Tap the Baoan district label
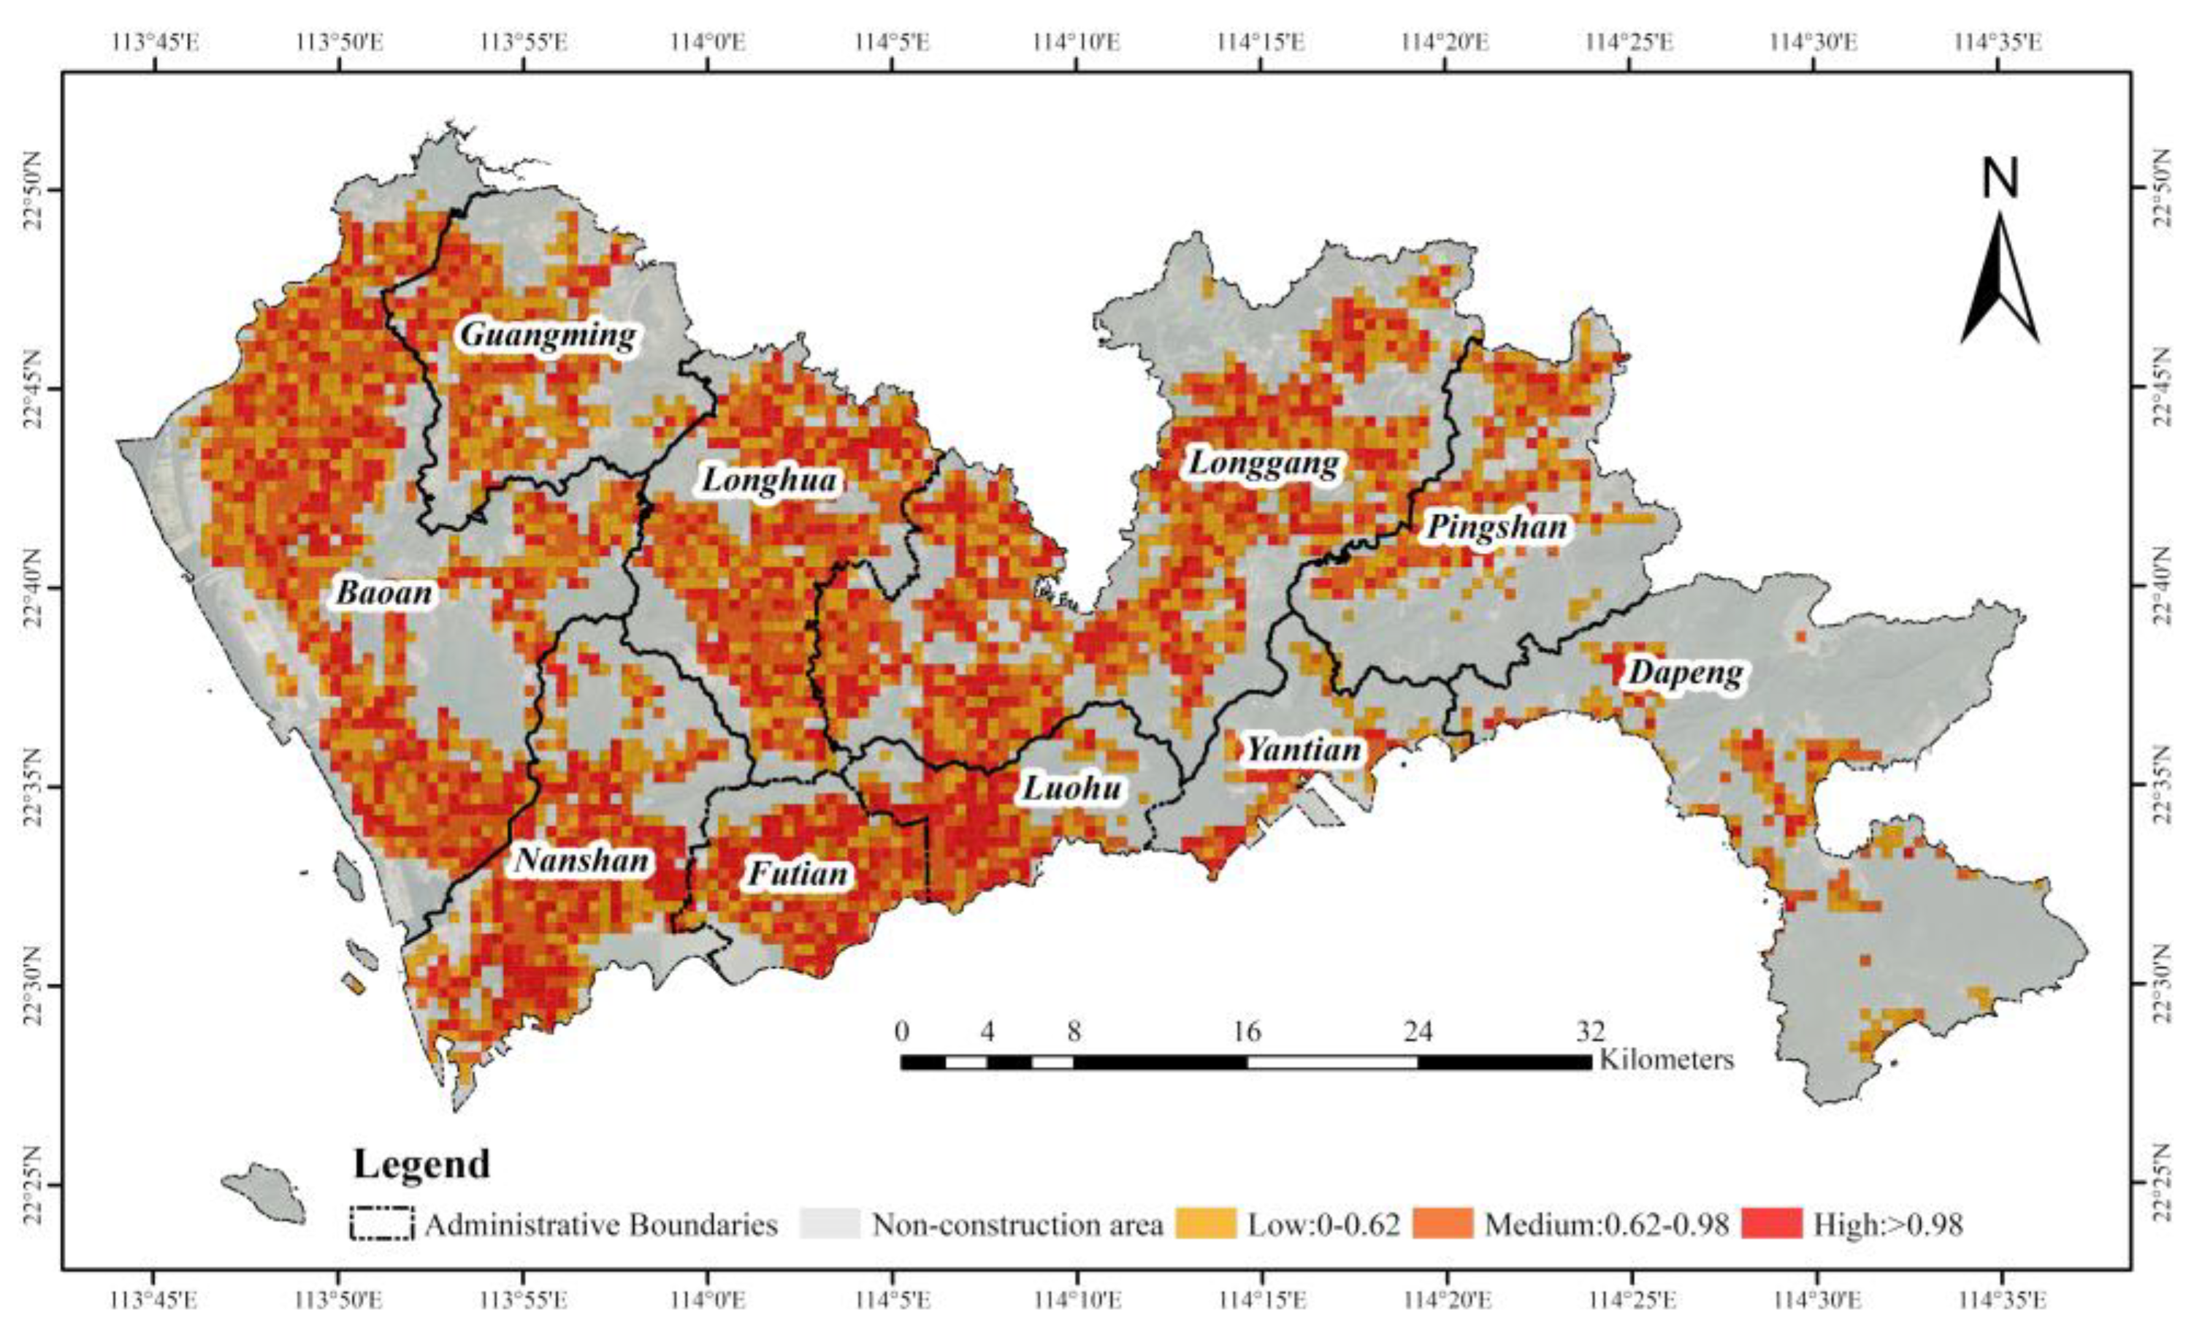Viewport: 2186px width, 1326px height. click(x=384, y=593)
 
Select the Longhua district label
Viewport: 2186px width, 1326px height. click(x=769, y=481)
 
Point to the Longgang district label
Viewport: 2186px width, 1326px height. click(x=1263, y=463)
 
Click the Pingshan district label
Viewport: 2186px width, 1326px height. click(x=1497, y=528)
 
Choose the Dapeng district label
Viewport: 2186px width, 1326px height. click(x=1685, y=674)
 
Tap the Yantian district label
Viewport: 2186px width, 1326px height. click(x=1303, y=750)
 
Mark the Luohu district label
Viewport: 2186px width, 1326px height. click(x=1073, y=788)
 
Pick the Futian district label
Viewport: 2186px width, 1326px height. click(x=798, y=875)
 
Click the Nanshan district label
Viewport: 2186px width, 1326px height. click(x=582, y=861)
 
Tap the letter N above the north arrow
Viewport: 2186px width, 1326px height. click(x=2000, y=178)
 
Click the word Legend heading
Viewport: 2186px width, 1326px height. click(x=421, y=1164)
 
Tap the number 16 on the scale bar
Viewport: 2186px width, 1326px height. click(x=1247, y=1032)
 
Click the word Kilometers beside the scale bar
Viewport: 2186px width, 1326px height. click(x=1666, y=1060)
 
